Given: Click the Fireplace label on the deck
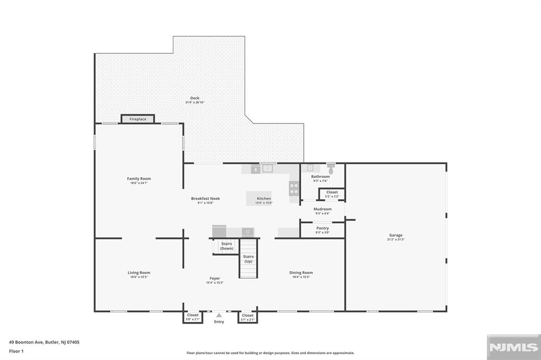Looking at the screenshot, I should click(138, 119).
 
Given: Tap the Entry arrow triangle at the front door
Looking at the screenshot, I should click(219, 315).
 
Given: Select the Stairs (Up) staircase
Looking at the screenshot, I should click(248, 259).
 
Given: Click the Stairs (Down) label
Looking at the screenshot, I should click(227, 246).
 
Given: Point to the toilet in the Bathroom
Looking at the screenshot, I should click(331, 169).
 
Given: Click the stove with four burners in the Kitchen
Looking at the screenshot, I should click(294, 188).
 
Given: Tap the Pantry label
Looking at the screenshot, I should click(322, 228).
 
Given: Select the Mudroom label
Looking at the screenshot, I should click(322, 209).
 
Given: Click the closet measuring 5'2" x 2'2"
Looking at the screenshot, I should click(332, 194).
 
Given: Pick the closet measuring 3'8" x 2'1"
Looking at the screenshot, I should click(193, 317).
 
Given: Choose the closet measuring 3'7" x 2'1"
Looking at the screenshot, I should click(247, 317).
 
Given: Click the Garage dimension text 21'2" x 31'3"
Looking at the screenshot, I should click(396, 240).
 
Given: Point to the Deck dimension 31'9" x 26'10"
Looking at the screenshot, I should click(195, 102).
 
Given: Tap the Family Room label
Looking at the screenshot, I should click(139, 179).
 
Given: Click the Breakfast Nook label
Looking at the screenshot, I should click(206, 198).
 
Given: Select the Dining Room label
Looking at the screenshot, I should click(301, 273).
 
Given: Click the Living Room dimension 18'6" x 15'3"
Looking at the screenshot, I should click(139, 277).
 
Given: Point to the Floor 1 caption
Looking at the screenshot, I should click(16, 351).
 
